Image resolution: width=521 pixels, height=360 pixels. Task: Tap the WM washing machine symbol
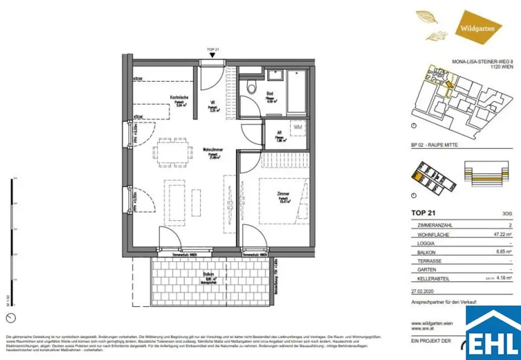pyautogui.click(x=298, y=127)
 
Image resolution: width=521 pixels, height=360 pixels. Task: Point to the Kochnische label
pyautogui.click(x=180, y=98)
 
